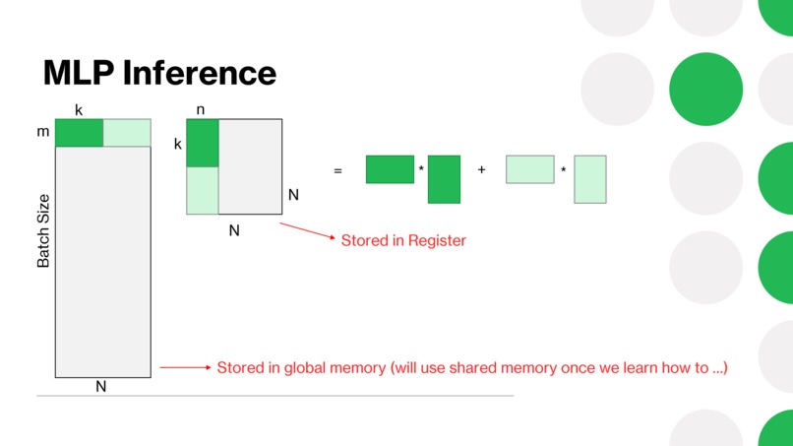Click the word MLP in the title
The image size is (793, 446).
tap(79, 73)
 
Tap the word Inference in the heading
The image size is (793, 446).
tap(200, 73)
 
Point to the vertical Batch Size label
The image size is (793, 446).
tap(43, 230)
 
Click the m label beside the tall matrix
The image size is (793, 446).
tap(43, 132)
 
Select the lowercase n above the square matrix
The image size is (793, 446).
tap(201, 110)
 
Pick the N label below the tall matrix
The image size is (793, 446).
tap(101, 386)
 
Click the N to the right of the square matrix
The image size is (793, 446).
tap(293, 195)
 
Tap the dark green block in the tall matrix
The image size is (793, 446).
tap(79, 133)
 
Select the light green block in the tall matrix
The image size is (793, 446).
tap(127, 133)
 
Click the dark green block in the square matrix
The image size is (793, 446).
tap(203, 143)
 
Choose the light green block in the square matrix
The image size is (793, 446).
tap(203, 190)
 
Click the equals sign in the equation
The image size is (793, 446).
tap(337, 171)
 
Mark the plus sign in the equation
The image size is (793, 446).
tap(481, 169)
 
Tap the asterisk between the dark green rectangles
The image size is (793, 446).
tap(421, 168)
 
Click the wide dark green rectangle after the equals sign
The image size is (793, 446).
tap(390, 169)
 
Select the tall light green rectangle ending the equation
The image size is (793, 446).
tap(590, 179)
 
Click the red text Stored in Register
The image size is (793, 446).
tap(403, 240)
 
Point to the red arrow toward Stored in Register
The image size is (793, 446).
tap(308, 230)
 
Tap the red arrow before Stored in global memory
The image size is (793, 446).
tap(185, 367)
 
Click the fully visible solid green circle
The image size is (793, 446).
tap(706, 89)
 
